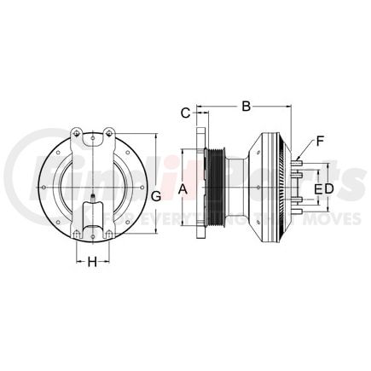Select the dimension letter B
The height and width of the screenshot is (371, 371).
(x=246, y=107)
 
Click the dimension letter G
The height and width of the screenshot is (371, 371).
(x=156, y=199)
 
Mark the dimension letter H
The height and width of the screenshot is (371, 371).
(x=92, y=263)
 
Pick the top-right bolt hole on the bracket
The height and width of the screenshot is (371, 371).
(x=108, y=131)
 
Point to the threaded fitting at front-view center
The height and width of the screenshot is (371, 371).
(x=91, y=207)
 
